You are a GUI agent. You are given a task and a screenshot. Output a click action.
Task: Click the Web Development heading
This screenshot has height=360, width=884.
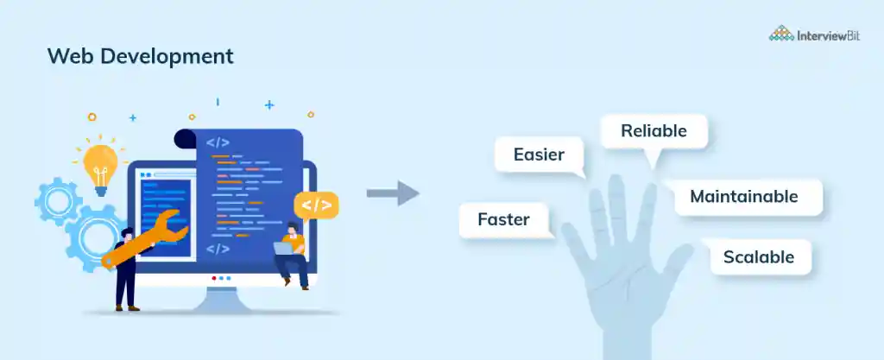pos(141,56)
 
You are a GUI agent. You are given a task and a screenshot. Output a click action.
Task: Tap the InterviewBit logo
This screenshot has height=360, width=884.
pos(815,34)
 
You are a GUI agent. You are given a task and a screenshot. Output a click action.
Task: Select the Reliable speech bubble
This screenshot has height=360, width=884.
pos(654,133)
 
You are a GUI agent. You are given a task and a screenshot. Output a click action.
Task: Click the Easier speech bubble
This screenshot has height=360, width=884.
pos(540,156)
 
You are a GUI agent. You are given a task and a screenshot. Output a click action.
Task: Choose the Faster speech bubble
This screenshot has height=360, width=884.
pos(504,220)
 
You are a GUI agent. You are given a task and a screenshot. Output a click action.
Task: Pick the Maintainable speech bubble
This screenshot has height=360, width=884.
pos(744,197)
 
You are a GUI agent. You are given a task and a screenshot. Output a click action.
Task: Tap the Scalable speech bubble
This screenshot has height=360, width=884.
pos(759,257)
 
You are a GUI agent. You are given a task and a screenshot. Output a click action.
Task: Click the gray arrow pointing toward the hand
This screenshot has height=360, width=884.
pos(393,193)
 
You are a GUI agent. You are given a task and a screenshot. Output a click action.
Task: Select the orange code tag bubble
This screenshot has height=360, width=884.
pos(316,205)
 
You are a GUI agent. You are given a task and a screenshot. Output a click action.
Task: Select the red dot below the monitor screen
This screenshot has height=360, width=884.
pos(214,278)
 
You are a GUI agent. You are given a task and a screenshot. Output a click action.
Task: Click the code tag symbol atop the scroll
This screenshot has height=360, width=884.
pos(218,143)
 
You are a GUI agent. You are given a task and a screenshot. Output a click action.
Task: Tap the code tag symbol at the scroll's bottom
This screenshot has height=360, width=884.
pos(218,249)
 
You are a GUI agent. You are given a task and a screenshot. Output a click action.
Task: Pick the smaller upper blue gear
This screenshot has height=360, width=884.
pos(58,202)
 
